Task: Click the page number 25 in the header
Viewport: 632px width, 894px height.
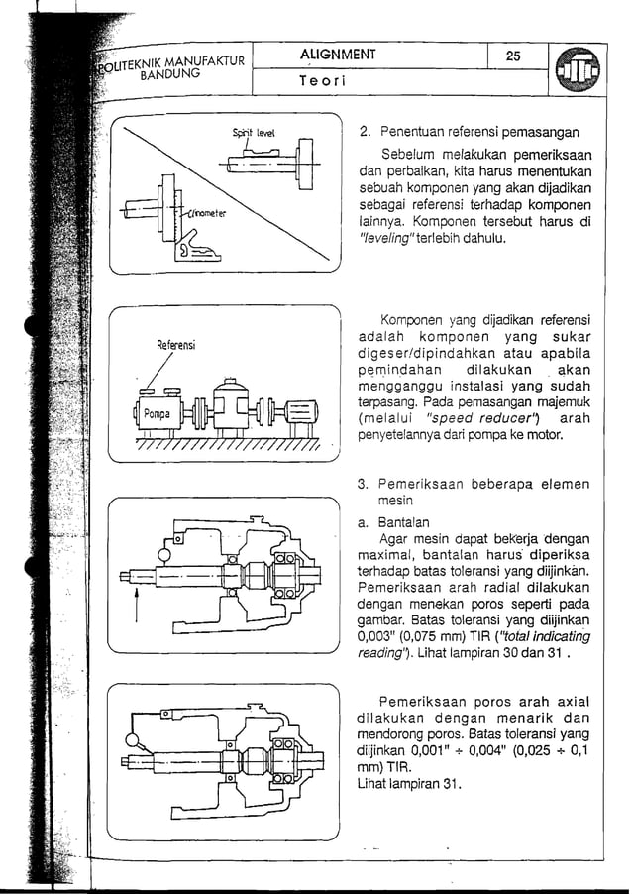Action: (513, 56)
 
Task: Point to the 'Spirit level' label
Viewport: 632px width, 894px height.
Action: (254, 132)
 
